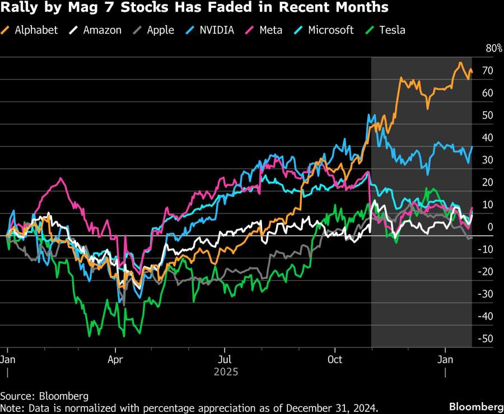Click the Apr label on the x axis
tap(115, 358)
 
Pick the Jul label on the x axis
tap(225, 358)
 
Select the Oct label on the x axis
tap(335, 358)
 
